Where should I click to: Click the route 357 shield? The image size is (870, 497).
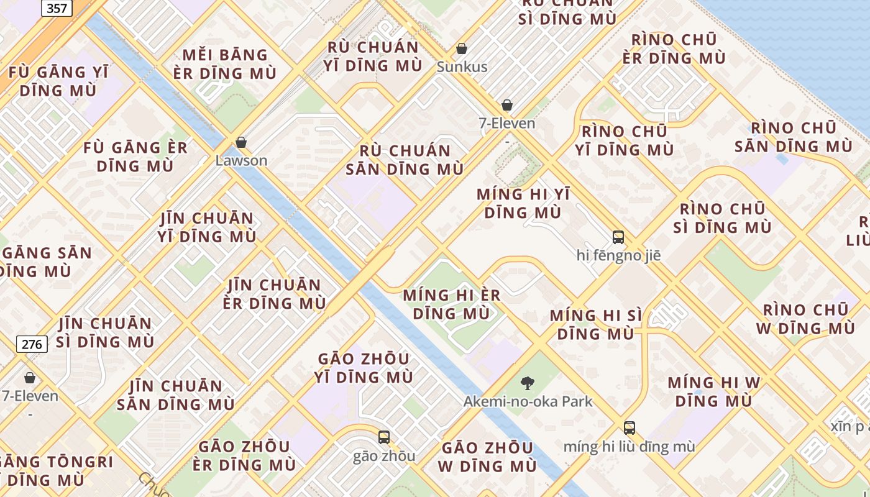(57, 7)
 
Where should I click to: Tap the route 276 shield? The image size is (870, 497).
(32, 344)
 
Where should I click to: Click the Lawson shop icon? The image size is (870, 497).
(241, 142)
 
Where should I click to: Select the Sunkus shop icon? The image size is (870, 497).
(462, 48)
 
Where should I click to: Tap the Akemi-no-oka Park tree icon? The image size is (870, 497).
(528, 383)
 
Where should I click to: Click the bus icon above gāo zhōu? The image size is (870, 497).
(384, 437)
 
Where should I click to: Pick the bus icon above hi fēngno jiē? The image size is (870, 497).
(618, 237)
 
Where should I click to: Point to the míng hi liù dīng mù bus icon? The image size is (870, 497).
(630, 427)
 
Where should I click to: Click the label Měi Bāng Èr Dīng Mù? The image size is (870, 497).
(226, 64)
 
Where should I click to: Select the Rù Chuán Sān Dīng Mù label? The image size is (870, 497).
(405, 160)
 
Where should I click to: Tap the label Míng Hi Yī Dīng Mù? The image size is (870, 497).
(523, 203)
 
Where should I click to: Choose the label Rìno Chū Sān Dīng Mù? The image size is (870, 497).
(794, 137)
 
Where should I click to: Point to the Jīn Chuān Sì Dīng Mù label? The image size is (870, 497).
(105, 332)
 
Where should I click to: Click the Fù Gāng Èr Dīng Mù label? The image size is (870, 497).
(135, 157)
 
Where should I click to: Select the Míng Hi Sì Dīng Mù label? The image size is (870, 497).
(595, 324)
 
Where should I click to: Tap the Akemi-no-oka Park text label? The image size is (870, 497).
(528, 401)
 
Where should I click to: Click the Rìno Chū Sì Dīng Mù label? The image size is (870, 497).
(722, 217)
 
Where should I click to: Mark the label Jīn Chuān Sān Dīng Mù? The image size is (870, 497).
(175, 395)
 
